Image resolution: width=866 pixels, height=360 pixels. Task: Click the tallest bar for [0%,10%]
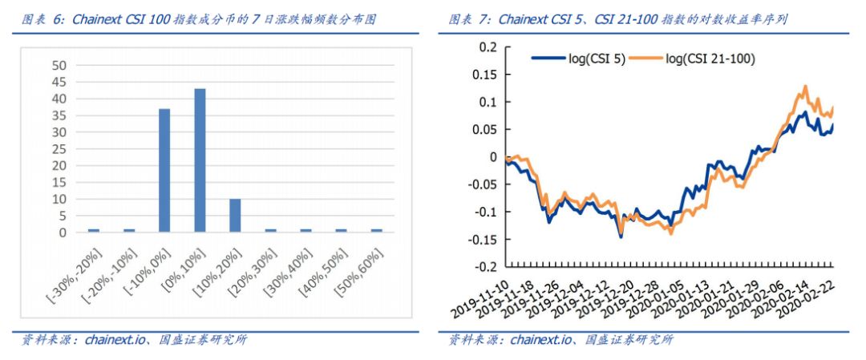[x=200, y=160]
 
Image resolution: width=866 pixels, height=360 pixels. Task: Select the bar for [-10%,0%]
[x=164, y=170]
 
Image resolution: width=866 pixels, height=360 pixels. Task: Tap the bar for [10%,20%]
[x=235, y=215]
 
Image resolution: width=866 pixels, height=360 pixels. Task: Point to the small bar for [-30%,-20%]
[x=94, y=230]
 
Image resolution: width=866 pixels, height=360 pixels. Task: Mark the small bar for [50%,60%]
[x=377, y=230]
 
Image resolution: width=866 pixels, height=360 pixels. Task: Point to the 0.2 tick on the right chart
[x=488, y=47]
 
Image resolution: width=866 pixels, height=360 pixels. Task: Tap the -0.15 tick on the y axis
[x=483, y=239]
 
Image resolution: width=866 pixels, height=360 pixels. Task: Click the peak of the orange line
[x=804, y=86]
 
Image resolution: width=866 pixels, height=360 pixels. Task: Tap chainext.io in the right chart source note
[x=538, y=340]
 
